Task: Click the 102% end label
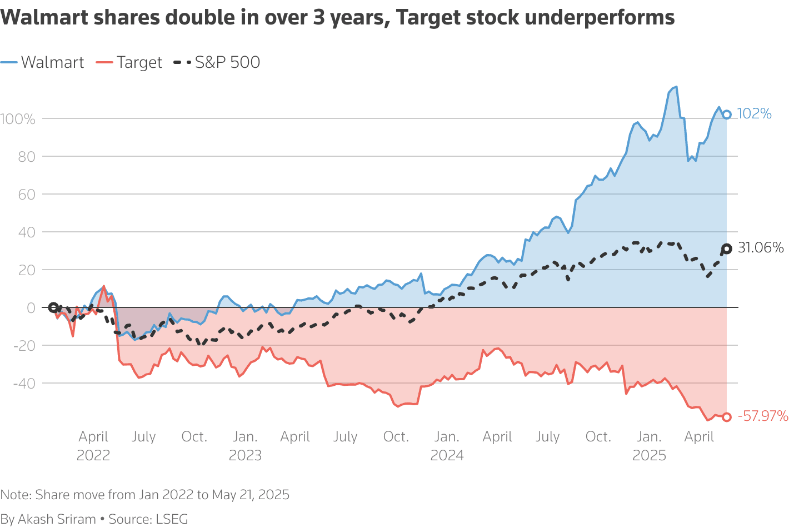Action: click(754, 114)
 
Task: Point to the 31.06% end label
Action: click(760, 248)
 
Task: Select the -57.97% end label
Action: click(762, 416)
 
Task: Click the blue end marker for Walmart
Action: click(726, 115)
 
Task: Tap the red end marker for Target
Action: click(726, 417)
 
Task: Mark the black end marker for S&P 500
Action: click(726, 248)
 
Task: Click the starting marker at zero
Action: click(53, 307)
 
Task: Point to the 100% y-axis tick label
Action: click(18, 119)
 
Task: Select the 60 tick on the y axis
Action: click(26, 195)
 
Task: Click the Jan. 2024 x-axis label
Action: click(447, 446)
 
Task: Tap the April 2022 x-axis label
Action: click(93, 446)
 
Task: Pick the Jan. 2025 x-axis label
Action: click(649, 446)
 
